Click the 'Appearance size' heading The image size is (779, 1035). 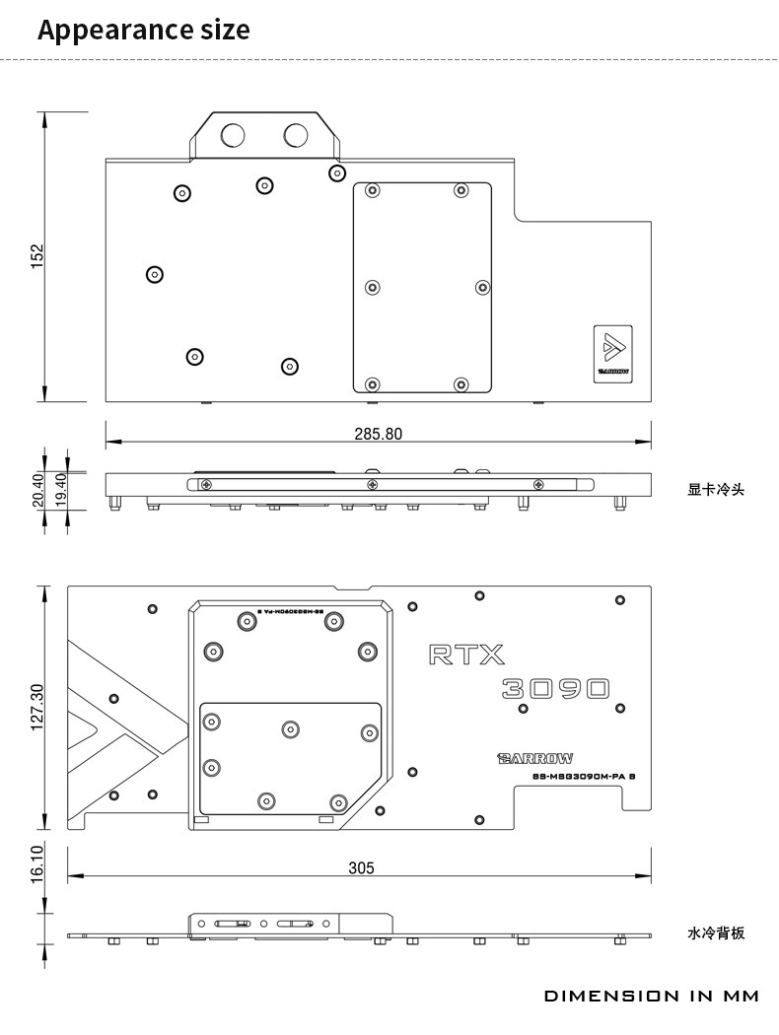click(143, 30)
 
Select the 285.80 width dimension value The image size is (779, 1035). click(379, 434)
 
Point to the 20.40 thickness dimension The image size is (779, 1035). click(38, 490)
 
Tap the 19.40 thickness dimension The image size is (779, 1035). click(60, 490)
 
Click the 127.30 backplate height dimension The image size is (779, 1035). click(37, 707)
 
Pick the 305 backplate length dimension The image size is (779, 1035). click(361, 867)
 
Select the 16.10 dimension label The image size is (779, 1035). click(37, 863)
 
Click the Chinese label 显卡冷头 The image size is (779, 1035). click(716, 489)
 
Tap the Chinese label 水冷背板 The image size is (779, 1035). click(716, 932)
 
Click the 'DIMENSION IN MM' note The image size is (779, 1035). click(652, 996)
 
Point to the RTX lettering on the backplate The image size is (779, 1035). click(466, 654)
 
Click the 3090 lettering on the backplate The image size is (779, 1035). click(555, 688)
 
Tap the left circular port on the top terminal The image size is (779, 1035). click(235, 135)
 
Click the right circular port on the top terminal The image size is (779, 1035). click(296, 135)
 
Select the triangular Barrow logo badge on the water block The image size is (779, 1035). click(612, 351)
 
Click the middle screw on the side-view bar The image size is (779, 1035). click(371, 484)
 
